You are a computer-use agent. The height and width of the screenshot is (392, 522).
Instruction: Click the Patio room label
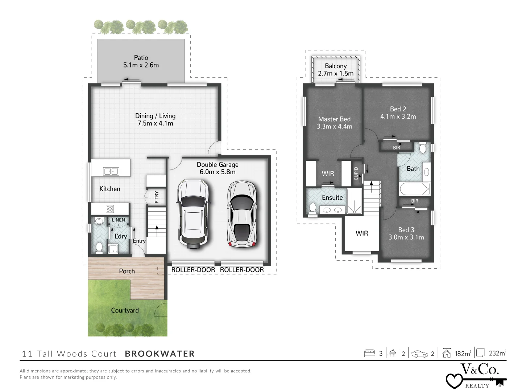point(141,57)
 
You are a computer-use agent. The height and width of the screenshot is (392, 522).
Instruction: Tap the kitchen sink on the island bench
point(111,171)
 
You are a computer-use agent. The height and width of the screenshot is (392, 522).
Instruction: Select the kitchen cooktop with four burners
point(109,209)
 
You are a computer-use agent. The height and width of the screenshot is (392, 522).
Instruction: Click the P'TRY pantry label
point(157,197)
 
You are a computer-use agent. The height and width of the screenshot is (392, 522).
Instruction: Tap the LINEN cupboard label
point(118,220)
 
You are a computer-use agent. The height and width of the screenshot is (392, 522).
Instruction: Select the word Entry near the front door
point(139,241)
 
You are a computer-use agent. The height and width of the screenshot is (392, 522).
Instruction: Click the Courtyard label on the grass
point(125,310)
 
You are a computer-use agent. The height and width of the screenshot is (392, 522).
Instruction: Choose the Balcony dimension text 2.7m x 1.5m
point(336,73)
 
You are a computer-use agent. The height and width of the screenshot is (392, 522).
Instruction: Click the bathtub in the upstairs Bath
point(414,189)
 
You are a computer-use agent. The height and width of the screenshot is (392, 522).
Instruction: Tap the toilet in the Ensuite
point(312,208)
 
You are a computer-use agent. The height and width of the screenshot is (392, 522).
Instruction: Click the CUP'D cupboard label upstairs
point(356,173)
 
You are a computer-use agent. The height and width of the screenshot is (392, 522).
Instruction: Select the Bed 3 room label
point(406,230)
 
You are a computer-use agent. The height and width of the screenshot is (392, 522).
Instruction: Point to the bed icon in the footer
point(369,353)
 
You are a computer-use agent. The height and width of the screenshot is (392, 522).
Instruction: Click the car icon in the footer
point(419,354)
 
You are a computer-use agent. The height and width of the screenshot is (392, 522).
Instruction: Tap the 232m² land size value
point(497,353)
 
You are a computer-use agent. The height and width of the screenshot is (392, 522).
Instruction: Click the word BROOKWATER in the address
point(160,354)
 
